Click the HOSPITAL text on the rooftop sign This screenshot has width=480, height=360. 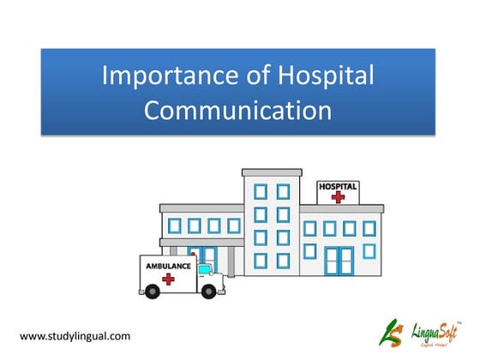point(339,186)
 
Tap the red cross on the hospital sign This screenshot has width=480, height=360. point(339,197)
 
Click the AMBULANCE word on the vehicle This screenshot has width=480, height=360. point(169,266)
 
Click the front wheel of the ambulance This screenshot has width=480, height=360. point(207,291)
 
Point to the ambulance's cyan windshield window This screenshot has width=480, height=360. point(204,269)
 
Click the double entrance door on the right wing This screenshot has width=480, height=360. point(338,260)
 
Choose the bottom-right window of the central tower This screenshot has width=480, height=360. point(283,259)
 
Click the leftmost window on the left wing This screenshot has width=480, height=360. point(176,226)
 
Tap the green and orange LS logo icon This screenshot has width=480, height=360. point(390,329)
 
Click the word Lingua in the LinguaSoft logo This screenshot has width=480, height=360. point(420,327)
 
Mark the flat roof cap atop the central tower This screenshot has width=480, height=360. point(272,172)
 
